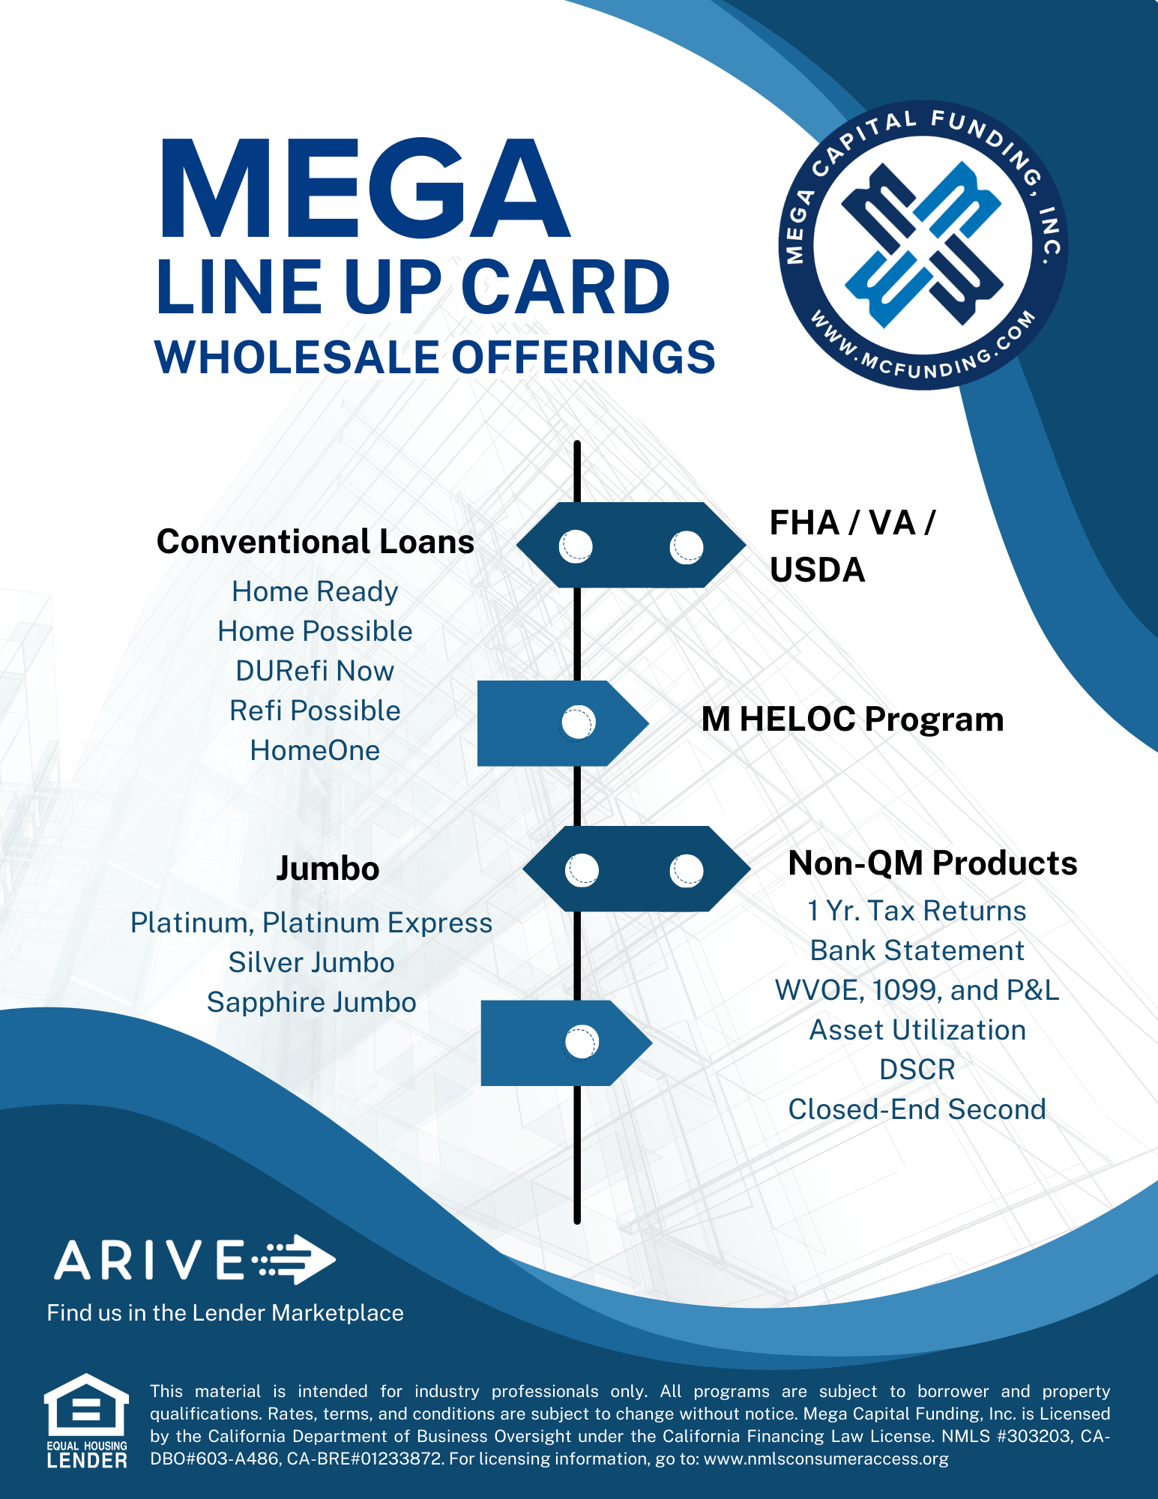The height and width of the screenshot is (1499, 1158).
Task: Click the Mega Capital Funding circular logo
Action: coord(923,245)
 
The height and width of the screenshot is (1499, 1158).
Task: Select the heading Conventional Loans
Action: coord(316,541)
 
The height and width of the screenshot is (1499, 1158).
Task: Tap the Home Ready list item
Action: coord(315,591)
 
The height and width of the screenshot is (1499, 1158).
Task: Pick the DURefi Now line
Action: coord(315,671)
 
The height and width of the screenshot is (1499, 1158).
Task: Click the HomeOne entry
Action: coord(315,750)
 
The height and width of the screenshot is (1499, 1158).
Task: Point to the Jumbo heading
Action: coord(328,869)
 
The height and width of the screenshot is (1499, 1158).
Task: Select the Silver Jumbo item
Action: coord(311,962)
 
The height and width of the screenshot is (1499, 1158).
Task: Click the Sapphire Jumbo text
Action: coord(311,1003)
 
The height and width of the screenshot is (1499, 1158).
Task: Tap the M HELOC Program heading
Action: coord(852,719)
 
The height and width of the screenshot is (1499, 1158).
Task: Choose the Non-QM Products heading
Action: coord(933,863)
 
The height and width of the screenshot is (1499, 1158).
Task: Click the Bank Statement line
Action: coord(917,950)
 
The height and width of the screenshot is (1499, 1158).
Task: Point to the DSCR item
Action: coord(917,1070)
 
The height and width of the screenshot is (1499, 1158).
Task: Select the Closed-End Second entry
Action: coord(917,1109)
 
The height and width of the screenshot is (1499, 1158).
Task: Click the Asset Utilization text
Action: coord(917,1030)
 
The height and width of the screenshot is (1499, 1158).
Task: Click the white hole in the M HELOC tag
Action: coord(578,723)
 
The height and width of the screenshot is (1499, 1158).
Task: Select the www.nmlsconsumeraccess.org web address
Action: coord(826,1459)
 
